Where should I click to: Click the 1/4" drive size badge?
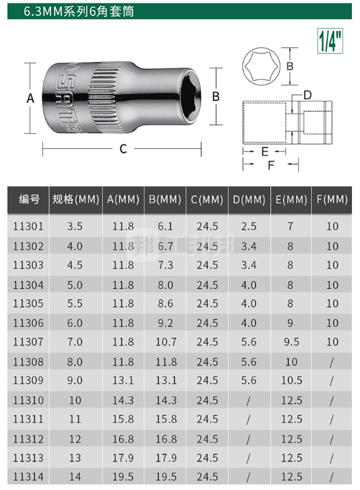point(330,41)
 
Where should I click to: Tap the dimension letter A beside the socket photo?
point(30,99)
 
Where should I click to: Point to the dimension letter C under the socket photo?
point(123,149)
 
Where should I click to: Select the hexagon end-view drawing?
point(261,66)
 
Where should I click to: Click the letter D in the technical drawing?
point(307,95)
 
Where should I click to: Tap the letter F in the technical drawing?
point(271,165)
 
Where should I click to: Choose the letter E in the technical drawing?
point(265,152)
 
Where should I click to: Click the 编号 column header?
point(29,199)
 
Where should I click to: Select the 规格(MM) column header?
point(76,200)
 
